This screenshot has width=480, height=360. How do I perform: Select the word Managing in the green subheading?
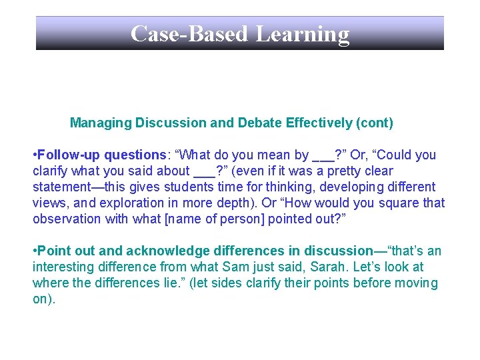point(101,123)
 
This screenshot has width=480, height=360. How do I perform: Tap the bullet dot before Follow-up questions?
point(35,155)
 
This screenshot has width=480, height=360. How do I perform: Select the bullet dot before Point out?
point(35,251)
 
